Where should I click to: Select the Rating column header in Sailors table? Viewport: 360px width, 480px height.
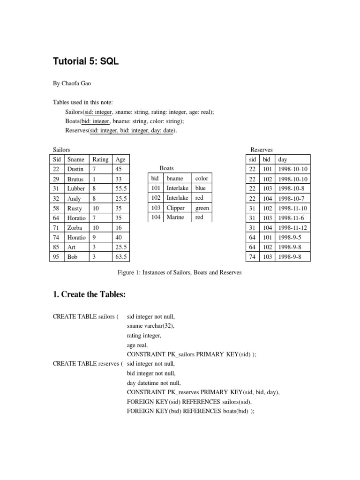point(100,159)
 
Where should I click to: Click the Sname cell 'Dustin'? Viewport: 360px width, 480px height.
point(75,169)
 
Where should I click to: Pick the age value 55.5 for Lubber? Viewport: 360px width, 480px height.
point(121,188)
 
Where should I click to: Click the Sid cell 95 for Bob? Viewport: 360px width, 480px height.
point(56,257)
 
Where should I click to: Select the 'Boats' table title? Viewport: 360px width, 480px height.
point(166,168)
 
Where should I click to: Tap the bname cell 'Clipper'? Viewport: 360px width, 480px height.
point(176,208)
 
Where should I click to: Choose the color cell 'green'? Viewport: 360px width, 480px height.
point(202,208)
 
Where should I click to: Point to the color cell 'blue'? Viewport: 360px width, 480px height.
point(201,188)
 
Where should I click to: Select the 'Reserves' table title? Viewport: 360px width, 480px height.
point(262,150)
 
